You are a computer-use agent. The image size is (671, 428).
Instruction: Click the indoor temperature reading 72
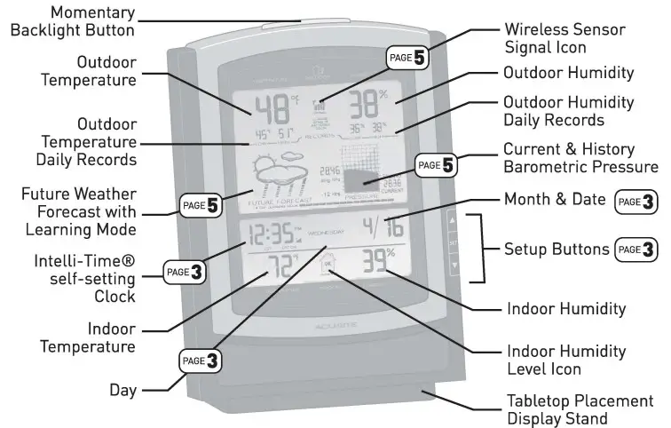pos(276,269)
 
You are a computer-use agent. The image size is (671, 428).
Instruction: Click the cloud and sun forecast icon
pos(274,175)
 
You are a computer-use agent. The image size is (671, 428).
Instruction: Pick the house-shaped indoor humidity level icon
pos(328,266)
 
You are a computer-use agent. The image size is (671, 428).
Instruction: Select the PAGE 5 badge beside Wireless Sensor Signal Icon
pos(408,58)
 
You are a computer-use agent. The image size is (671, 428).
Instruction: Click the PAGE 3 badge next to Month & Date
pos(636,202)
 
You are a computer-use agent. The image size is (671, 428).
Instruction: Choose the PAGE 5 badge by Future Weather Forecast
pos(201,207)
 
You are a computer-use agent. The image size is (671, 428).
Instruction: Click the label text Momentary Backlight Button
pos(72,21)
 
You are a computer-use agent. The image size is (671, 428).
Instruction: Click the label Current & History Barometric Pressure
pos(580,157)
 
